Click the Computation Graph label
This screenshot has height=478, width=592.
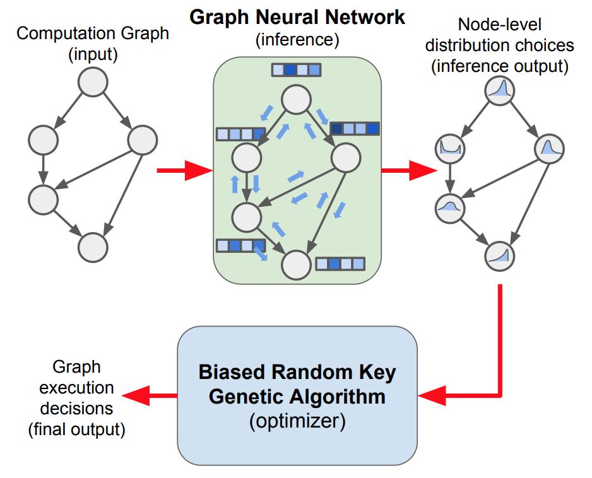(x=93, y=33)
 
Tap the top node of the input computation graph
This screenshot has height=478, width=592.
(x=93, y=83)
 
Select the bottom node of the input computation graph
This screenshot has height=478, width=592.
(x=93, y=245)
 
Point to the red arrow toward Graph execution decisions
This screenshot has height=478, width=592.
(x=149, y=395)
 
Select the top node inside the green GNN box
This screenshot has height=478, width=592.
(x=297, y=99)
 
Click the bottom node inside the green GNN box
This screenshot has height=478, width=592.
(x=297, y=265)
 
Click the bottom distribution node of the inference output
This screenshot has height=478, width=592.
(x=500, y=256)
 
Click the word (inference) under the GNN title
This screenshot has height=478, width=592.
(x=297, y=40)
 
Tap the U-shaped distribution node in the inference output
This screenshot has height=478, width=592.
(x=449, y=149)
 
